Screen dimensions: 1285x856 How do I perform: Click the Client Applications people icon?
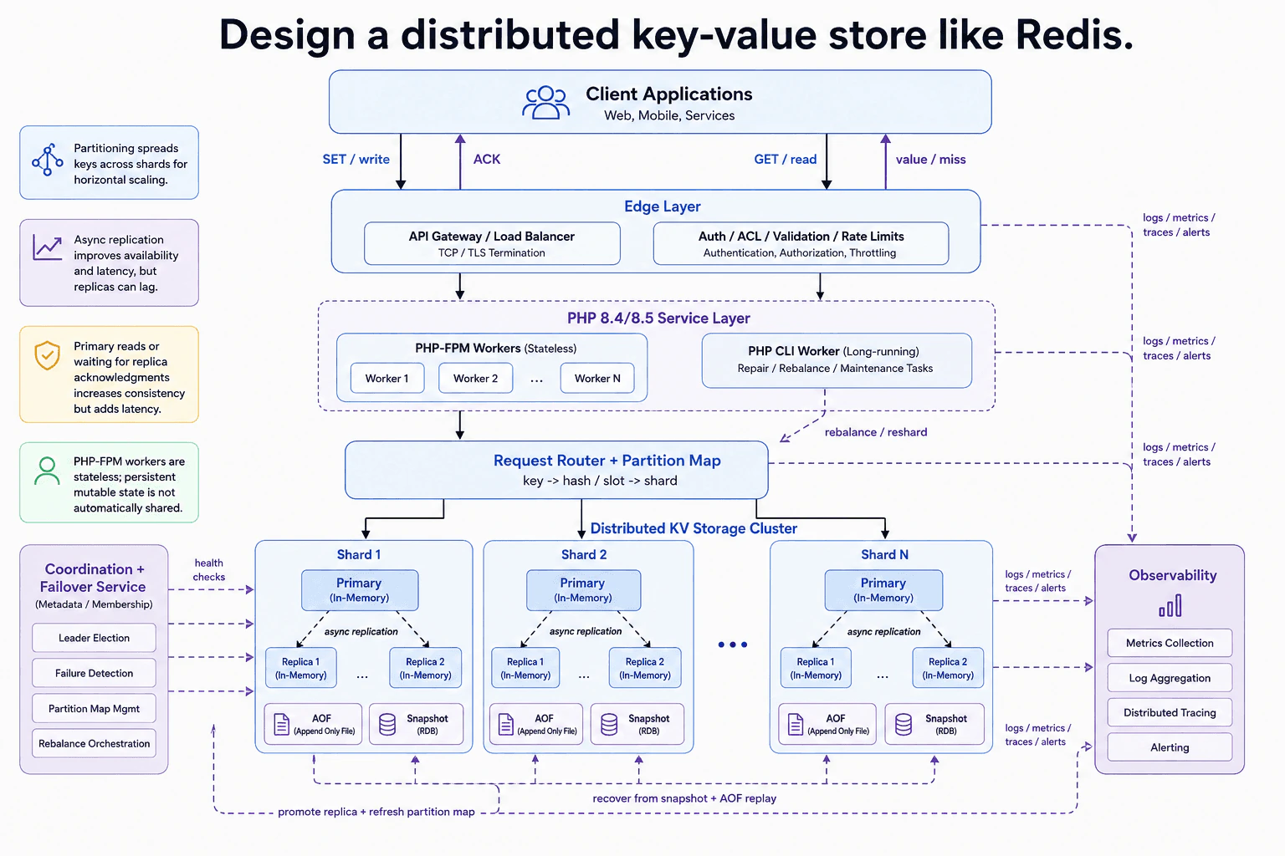click(545, 102)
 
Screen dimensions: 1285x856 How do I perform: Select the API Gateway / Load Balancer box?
click(492, 243)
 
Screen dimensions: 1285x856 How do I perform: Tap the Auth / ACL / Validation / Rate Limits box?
click(801, 243)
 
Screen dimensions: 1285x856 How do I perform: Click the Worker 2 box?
click(475, 378)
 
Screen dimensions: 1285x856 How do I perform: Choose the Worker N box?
click(597, 378)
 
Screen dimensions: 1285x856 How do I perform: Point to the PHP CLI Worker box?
click(837, 360)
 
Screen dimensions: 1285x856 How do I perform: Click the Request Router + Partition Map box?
click(555, 470)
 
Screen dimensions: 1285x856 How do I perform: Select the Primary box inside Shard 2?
click(583, 590)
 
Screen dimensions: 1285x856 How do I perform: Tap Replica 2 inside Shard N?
click(948, 667)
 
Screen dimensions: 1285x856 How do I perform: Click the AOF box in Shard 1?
click(313, 724)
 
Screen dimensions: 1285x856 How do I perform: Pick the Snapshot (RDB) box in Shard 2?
click(637, 724)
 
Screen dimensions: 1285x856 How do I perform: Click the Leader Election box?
click(94, 638)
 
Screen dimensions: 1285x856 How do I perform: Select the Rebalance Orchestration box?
click(94, 743)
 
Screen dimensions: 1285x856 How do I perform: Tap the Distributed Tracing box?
click(1170, 712)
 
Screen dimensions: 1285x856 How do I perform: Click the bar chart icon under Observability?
click(1170, 606)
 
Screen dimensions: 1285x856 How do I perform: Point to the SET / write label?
click(356, 159)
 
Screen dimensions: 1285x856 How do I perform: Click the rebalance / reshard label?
click(876, 431)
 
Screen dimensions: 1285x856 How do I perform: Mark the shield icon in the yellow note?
click(47, 355)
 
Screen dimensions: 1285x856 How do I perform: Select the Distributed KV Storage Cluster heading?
click(694, 528)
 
